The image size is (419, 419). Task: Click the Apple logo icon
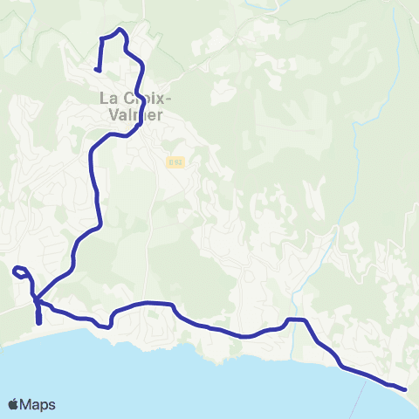coord(14,404)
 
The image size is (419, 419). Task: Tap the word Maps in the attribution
coord(38,405)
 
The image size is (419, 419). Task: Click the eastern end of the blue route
coord(406,388)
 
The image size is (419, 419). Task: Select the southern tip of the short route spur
coord(39,322)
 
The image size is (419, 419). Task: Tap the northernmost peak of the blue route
coord(120,30)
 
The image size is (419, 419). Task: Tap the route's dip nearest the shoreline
coord(105,326)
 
